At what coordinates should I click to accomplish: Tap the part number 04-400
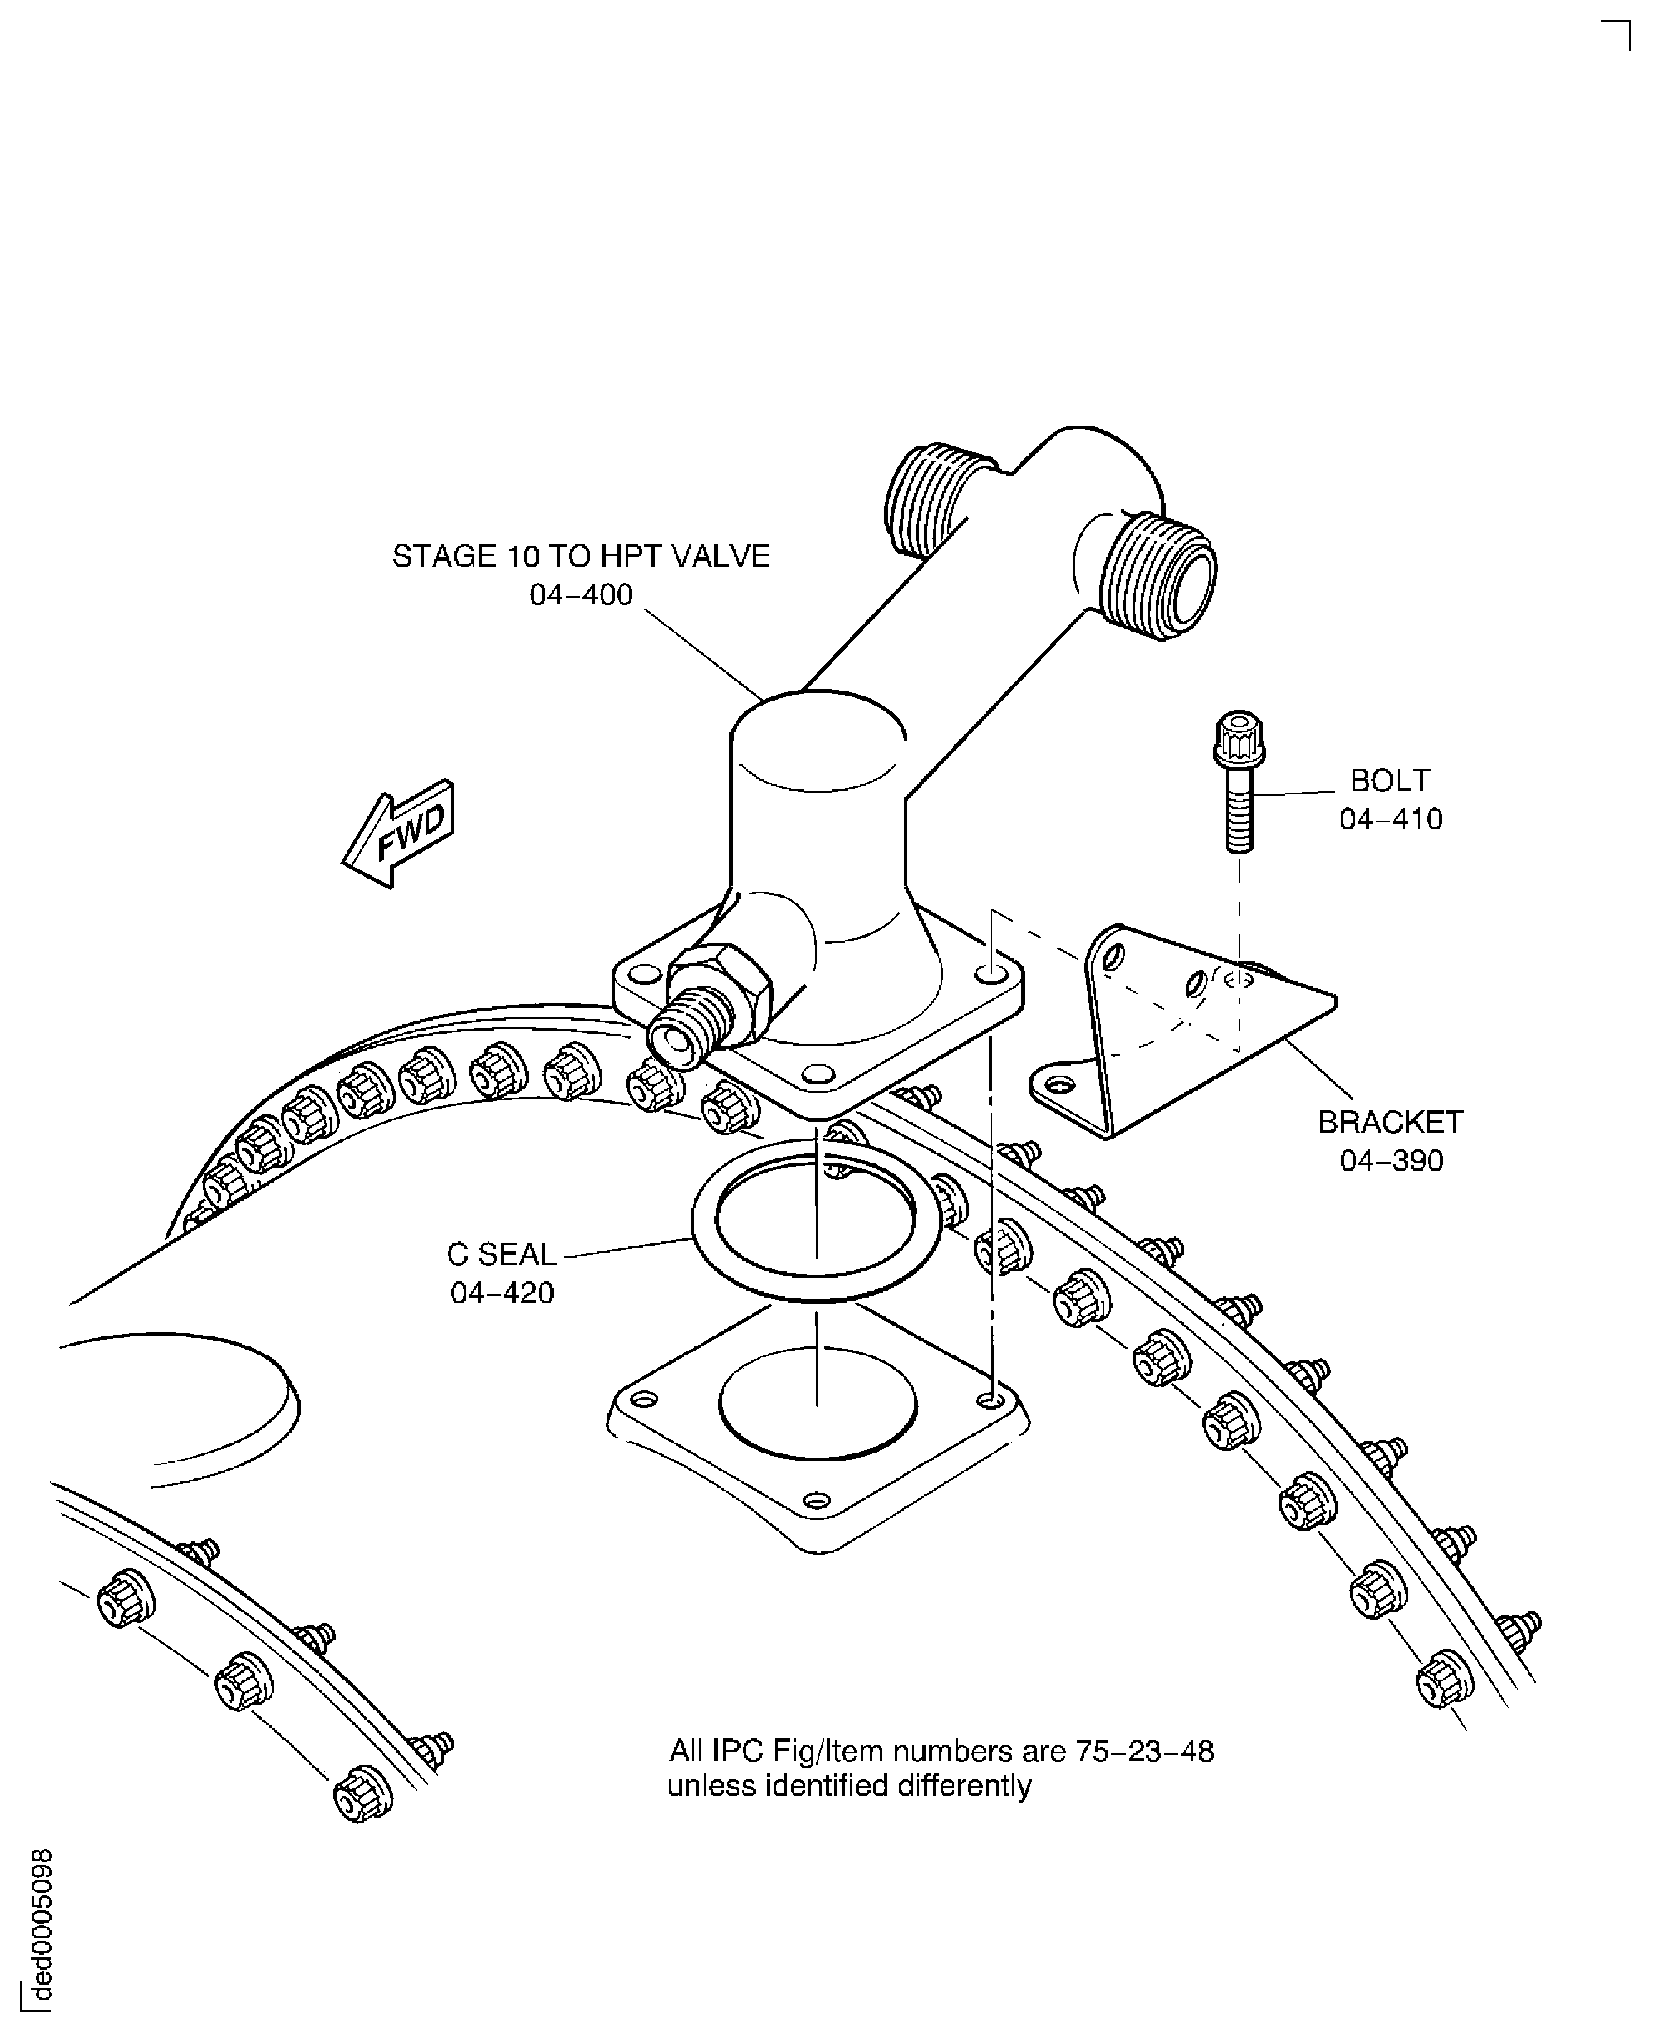coord(582,595)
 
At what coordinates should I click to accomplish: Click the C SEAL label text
coord(502,1254)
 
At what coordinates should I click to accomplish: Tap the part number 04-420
coord(502,1293)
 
